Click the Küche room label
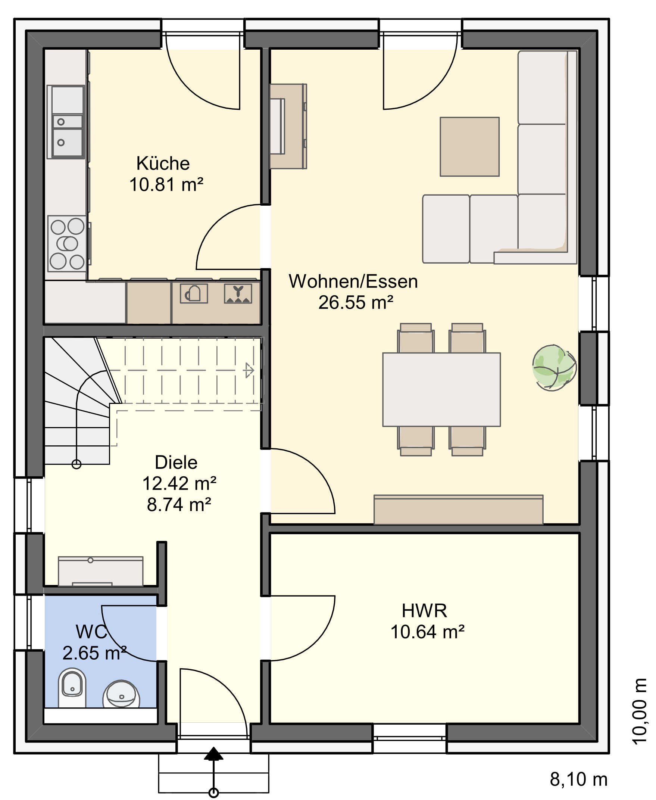tap(163, 164)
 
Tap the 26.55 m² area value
tap(356, 302)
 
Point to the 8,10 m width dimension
tap(578, 779)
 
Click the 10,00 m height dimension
tap(639, 712)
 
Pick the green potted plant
tap(554, 367)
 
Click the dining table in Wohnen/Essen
tap(441, 389)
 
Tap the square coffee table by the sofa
tap(469, 147)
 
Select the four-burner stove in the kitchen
tap(67, 243)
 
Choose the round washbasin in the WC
tap(121, 695)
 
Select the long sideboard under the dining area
tap(458, 509)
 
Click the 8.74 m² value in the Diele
tap(179, 504)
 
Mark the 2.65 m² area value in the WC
tap(94, 653)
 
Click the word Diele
tap(176, 463)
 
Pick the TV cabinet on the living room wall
tap(288, 126)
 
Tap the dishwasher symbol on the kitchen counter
tap(238, 293)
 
